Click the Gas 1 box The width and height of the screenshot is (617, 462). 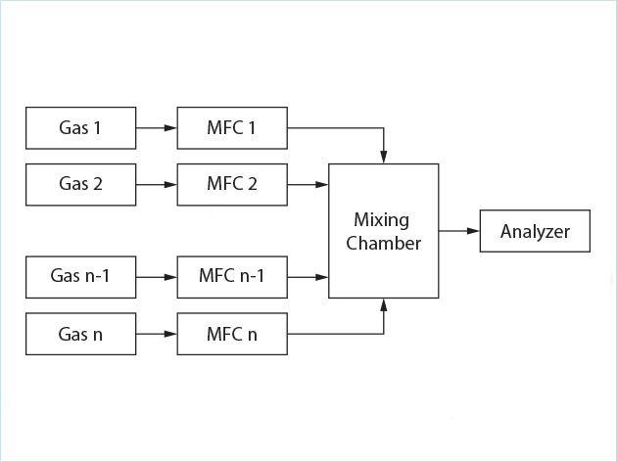[x=79, y=127]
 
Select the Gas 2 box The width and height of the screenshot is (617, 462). [x=79, y=183]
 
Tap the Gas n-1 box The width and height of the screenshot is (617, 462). [x=79, y=277]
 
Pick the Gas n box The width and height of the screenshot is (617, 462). [x=79, y=334]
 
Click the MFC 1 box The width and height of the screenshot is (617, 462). [x=231, y=127]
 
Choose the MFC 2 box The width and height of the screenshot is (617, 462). [x=231, y=183]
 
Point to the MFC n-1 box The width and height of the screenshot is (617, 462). [x=231, y=277]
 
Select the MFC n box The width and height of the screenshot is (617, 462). [x=231, y=334]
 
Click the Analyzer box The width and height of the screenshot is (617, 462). [x=535, y=231]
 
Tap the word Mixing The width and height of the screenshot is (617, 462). [x=382, y=219]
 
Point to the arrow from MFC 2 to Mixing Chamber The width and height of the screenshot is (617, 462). [x=308, y=183]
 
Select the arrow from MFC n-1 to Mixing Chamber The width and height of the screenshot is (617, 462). [x=308, y=277]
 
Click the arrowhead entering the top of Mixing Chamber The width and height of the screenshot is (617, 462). [x=384, y=158]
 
